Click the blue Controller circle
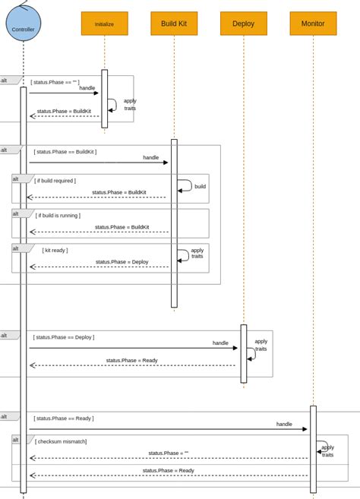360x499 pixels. pyautogui.click(x=23, y=24)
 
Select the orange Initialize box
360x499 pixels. pyautogui.click(x=104, y=24)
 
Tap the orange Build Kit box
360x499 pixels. pyautogui.click(x=174, y=24)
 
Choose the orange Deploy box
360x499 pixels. pyautogui.click(x=243, y=24)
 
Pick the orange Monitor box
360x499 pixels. pyautogui.click(x=313, y=24)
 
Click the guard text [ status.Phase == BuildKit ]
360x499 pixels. pyautogui.click(x=65, y=152)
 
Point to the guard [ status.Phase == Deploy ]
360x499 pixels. pyautogui.click(x=64, y=337)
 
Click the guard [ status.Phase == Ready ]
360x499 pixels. pyautogui.click(x=63, y=418)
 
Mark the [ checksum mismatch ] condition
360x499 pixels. pyautogui.click(x=61, y=441)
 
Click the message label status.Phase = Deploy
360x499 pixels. pyautogui.click(x=122, y=262)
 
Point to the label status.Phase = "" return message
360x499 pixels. pyautogui.click(x=168, y=453)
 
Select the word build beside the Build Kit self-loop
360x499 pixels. pyautogui.click(x=200, y=186)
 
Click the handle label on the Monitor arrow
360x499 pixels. pyautogui.click(x=284, y=424)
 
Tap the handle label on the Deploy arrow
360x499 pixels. pyautogui.click(x=220, y=343)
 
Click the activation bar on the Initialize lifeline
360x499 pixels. pyautogui.click(x=105, y=99)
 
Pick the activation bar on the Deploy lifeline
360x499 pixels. pyautogui.click(x=244, y=353)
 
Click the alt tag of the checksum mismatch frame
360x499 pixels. pyautogui.click(x=17, y=439)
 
